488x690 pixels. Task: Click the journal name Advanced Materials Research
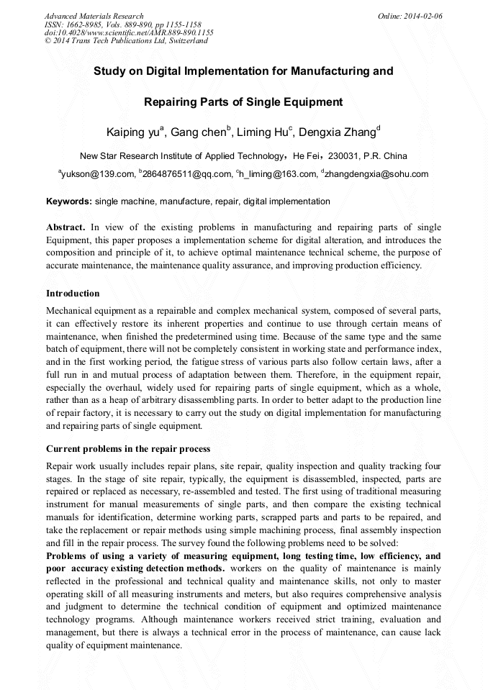point(94,16)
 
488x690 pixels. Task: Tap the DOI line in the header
point(129,32)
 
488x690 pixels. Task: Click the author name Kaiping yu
point(133,132)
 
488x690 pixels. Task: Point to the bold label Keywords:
point(68,201)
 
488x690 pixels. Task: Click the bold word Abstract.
point(65,227)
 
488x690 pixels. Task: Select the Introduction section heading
point(73,294)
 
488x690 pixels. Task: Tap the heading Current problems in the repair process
point(128,450)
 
